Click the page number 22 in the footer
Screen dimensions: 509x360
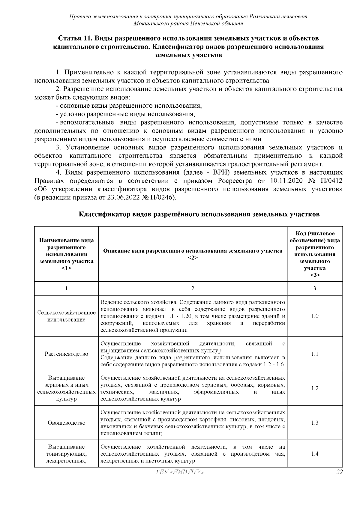pyautogui.click(x=339, y=472)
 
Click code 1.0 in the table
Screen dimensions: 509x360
pyautogui.click(x=315, y=316)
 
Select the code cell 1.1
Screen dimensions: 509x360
pyautogui.click(x=315, y=354)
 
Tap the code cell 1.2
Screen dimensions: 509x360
pyautogui.click(x=315, y=388)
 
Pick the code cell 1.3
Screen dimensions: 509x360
pyautogui.click(x=315, y=423)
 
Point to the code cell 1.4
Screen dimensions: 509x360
pyautogui.click(x=315, y=454)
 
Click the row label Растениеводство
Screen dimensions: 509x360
pyautogui.click(x=66, y=354)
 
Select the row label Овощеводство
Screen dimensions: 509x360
pyautogui.click(x=66, y=423)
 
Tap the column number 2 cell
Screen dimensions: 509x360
pyautogui.click(x=193, y=289)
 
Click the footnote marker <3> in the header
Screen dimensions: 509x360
pyautogui.click(x=315, y=275)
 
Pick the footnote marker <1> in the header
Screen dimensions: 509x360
pyautogui.click(x=66, y=268)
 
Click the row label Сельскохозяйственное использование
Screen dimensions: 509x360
pyautogui.click(x=66, y=316)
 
